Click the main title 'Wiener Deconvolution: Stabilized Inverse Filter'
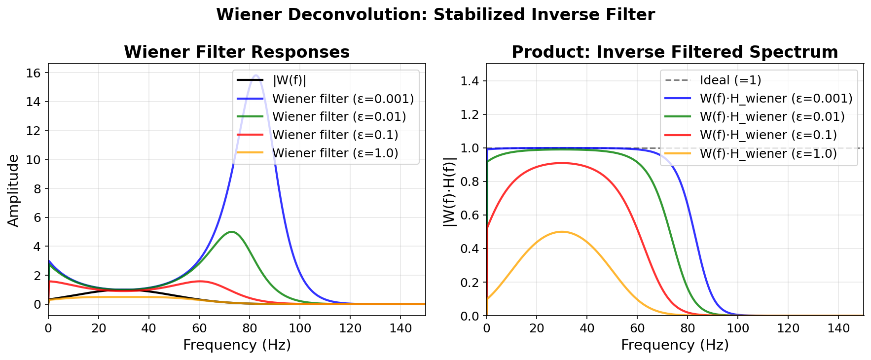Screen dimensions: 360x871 435,15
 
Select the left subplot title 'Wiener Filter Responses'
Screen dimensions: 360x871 237,52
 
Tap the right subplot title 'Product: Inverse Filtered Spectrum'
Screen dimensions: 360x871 675,52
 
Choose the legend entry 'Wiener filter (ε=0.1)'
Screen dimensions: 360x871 335,135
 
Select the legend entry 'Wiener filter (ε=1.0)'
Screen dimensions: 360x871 335,153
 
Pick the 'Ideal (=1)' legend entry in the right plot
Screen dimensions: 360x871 730,80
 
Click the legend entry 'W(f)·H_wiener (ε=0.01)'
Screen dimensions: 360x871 772,117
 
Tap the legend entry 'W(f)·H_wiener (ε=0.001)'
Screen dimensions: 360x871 776,99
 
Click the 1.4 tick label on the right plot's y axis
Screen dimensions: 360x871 470,81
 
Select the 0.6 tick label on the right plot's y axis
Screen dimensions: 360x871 470,216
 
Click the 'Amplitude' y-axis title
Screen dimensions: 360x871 13,190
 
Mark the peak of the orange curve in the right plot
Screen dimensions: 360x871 561,232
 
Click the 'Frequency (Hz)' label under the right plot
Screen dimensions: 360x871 675,345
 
